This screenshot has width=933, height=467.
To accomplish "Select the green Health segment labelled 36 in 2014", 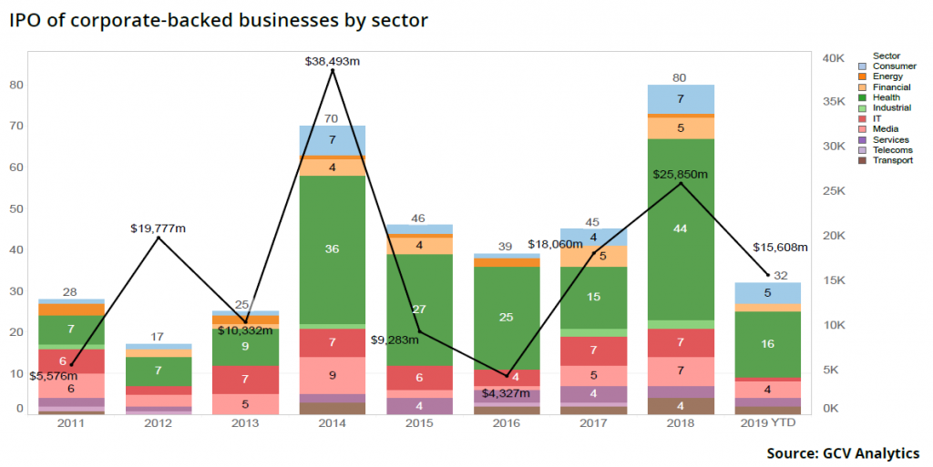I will point(333,249).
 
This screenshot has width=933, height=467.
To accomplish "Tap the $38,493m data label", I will point(333,60).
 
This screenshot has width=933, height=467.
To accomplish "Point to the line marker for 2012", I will point(159,238).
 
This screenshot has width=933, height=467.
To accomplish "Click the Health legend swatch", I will point(862,97).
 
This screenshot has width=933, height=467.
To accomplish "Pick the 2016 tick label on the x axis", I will point(507,424).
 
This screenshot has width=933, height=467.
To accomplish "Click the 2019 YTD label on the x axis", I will point(768,424).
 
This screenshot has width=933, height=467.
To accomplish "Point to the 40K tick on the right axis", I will point(835,57).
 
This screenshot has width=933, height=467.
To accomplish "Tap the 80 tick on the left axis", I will point(15,85).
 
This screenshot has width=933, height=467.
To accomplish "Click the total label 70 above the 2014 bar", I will point(333,118).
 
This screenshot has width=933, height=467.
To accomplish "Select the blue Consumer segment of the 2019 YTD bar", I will point(768,293).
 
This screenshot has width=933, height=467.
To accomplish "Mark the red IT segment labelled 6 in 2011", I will point(71,360).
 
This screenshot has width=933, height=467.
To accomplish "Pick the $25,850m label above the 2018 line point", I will point(681,173).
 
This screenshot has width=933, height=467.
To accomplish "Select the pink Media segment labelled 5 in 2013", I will point(245,403).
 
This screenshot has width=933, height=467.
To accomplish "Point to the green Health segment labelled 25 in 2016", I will point(507,317).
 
